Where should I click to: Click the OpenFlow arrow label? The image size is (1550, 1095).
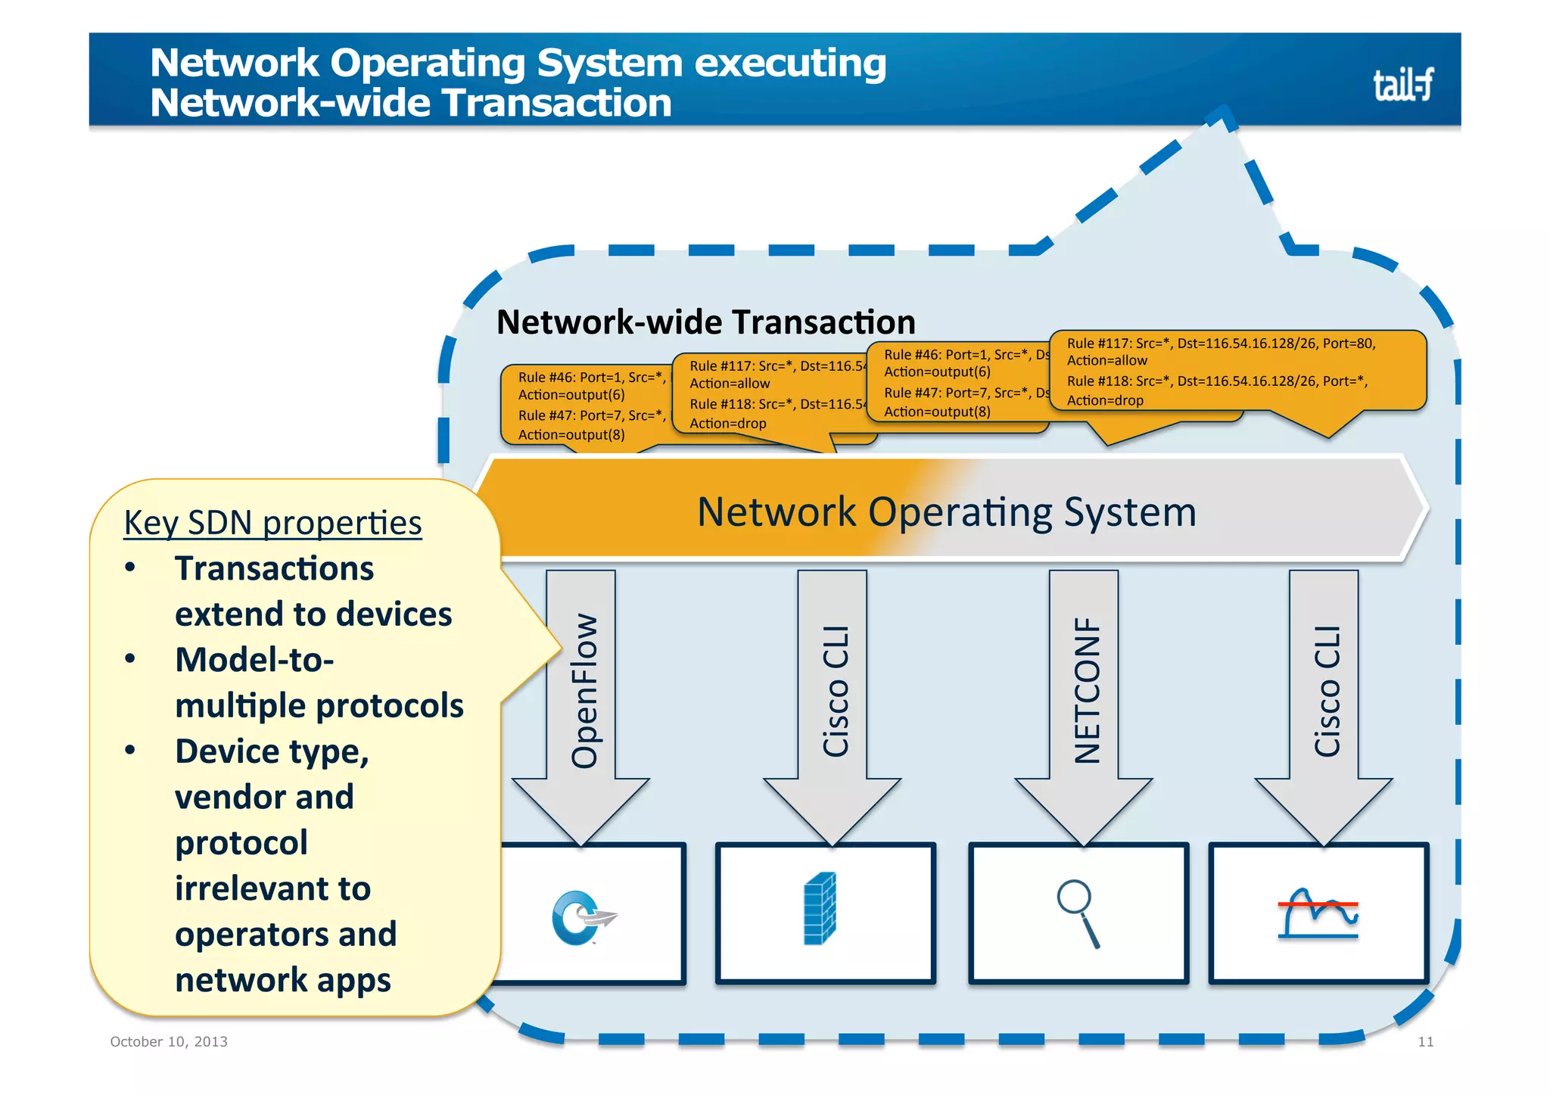[x=584, y=690]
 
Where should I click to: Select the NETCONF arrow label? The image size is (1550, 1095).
[x=1087, y=690]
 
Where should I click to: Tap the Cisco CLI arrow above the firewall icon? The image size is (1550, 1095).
[x=836, y=690]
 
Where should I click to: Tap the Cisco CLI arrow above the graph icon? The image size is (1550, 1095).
[x=1327, y=690]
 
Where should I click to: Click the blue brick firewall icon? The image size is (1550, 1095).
[x=820, y=908]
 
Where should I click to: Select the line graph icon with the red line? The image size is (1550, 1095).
[x=1318, y=913]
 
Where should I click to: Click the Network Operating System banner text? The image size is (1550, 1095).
[x=946, y=512]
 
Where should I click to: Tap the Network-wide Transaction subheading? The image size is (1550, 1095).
[x=705, y=322]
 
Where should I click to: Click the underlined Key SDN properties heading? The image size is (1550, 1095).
[x=272, y=523]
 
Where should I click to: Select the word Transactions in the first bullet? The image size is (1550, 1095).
[x=274, y=568]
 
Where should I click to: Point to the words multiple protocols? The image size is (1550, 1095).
[x=319, y=705]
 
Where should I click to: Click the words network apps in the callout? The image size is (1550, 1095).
[x=282, y=980]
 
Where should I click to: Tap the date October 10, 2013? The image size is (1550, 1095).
[x=169, y=1041]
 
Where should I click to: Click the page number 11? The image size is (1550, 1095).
[x=1425, y=1042]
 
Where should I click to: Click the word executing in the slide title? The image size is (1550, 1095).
[x=790, y=63]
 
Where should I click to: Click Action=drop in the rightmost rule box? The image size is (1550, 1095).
[x=1104, y=400]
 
